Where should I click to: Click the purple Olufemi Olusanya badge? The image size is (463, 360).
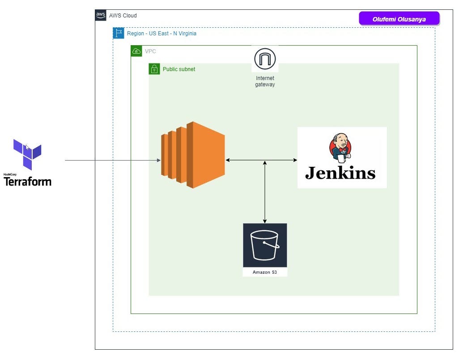coord(399,19)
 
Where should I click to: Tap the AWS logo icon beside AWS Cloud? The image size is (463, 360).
coord(101,15)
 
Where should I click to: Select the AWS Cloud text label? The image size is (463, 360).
coord(123,16)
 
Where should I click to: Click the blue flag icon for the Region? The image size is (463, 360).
coord(119,33)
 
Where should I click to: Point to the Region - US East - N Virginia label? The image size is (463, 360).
coord(161,34)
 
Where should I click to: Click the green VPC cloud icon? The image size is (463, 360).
coord(136,51)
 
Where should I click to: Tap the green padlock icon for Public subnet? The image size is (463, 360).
coord(154,69)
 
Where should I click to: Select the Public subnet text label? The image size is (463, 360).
coord(179,69)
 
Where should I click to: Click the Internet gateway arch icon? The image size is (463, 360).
coord(265,59)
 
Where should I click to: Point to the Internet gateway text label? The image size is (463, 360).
coord(265,81)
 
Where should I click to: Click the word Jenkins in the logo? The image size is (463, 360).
coord(340,173)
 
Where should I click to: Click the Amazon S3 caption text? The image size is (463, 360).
coord(265,272)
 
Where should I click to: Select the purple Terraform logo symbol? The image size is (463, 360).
coord(27,153)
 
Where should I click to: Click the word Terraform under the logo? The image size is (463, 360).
coord(27,182)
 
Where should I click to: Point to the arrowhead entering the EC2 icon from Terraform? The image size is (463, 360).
coord(158,160)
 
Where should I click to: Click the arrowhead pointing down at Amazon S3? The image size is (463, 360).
coord(265,221)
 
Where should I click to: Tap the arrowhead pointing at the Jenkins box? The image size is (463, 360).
coord(295,160)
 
